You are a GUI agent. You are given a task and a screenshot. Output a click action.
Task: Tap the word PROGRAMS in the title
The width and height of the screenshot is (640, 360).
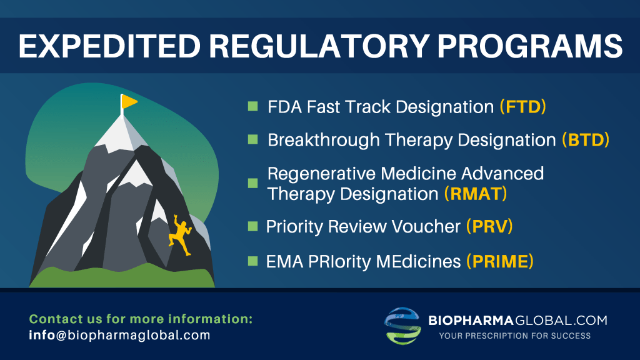click(530, 46)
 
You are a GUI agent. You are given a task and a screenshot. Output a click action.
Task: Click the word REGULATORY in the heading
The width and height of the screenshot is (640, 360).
click(319, 46)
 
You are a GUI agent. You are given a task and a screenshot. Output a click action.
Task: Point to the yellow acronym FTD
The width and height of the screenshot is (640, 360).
click(523, 107)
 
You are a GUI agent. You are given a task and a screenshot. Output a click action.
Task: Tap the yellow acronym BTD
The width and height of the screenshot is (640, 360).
click(586, 140)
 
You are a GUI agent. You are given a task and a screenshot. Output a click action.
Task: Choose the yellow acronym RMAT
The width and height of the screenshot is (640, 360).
click(476, 194)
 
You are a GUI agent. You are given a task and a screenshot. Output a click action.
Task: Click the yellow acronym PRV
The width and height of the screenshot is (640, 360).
click(490, 226)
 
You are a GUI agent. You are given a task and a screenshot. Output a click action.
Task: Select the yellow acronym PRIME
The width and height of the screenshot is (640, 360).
click(500, 262)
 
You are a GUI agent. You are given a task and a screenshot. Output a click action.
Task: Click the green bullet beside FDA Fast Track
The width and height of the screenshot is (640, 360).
click(252, 106)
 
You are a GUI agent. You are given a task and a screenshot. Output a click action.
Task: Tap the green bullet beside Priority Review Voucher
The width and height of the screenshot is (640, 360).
click(252, 226)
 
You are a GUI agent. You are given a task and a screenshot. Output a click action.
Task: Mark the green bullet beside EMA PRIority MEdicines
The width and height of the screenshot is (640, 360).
click(252, 261)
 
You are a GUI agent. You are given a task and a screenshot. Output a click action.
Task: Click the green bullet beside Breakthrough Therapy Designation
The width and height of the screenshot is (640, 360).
click(252, 139)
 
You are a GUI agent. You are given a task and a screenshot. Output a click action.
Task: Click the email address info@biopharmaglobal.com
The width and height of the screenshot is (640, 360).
click(119, 336)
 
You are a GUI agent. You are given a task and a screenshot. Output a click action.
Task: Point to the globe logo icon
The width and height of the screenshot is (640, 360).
click(402, 326)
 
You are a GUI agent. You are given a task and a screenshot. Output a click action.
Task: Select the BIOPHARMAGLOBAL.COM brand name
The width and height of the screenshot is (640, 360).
click(517, 321)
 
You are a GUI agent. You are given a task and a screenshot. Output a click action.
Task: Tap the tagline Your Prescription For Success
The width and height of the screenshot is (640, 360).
click(515, 336)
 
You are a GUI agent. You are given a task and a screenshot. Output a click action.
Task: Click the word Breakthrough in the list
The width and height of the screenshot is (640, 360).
click(324, 141)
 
